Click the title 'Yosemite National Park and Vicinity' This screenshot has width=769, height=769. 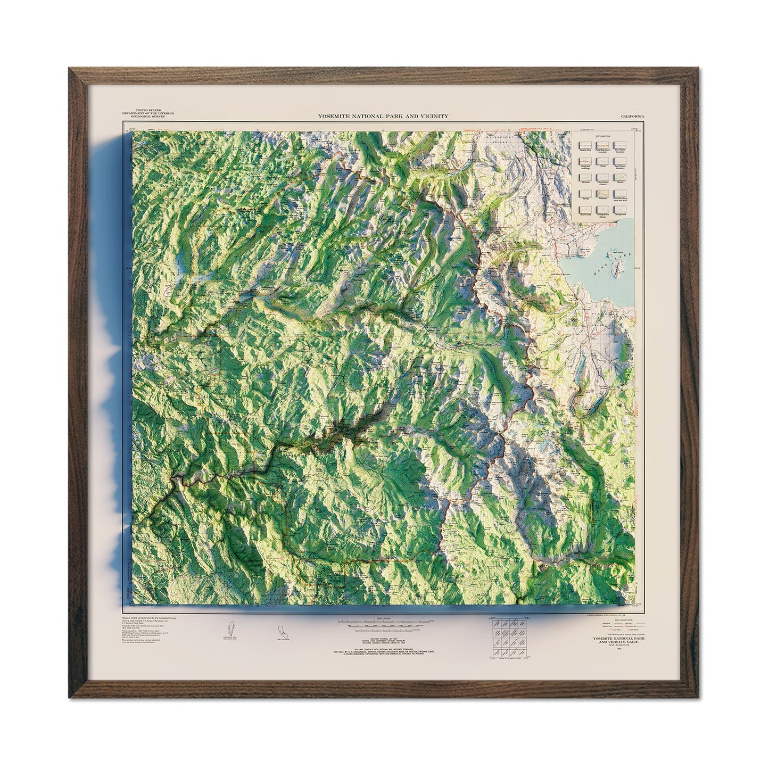coord(383,115)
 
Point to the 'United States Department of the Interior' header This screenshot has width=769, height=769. coord(143,113)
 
